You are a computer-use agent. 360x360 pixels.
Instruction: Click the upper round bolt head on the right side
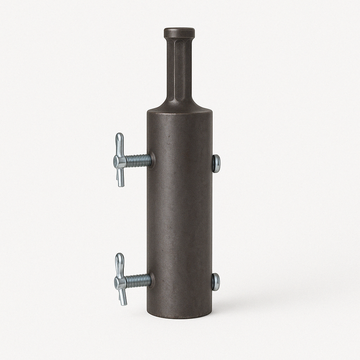(216, 163)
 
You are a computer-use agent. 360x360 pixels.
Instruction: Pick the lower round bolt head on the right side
(216, 282)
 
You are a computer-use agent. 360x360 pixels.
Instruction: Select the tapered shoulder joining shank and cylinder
(179, 104)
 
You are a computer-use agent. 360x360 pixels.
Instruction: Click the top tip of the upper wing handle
(120, 136)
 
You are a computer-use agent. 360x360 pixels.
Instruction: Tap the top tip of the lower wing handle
(120, 256)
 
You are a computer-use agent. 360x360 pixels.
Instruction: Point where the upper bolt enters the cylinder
(151, 161)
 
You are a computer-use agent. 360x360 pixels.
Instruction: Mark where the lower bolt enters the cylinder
(150, 281)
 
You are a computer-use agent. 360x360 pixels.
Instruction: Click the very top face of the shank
(179, 28)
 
